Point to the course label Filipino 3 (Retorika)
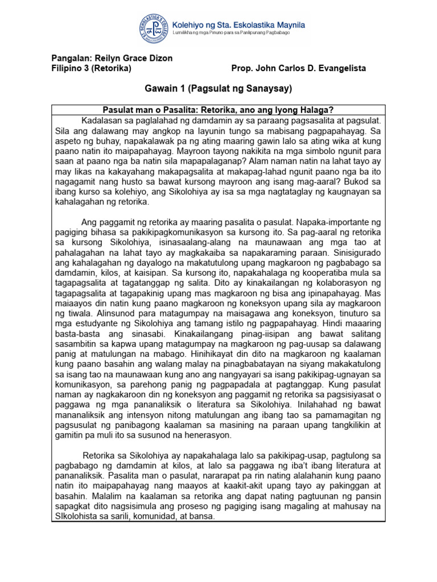pos(91,69)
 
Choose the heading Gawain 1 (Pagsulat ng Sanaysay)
pos(218,89)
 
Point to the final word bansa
pos(203,517)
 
